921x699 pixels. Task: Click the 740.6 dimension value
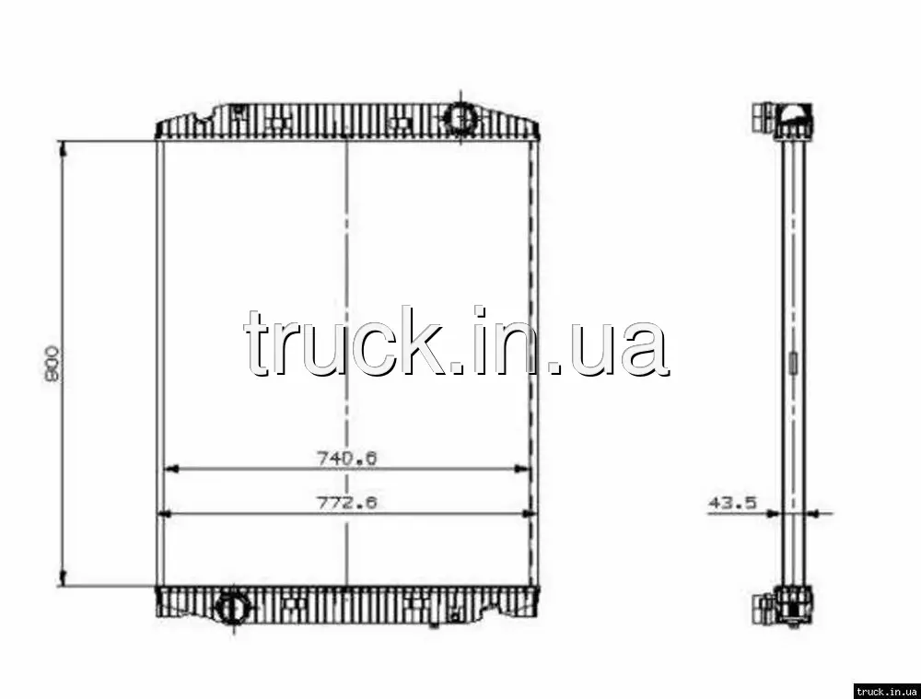[x=346, y=458]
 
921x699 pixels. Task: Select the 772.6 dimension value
[x=346, y=503]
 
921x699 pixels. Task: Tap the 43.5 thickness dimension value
[x=733, y=503]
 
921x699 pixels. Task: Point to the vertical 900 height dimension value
[x=52, y=364]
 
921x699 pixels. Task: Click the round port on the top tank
[x=460, y=116]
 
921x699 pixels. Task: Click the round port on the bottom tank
[x=233, y=606]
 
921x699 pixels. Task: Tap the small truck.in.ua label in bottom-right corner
[x=886, y=691]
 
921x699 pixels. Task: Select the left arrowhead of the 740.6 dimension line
[x=169, y=469]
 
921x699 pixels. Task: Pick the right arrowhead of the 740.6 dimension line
[x=522, y=469]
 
